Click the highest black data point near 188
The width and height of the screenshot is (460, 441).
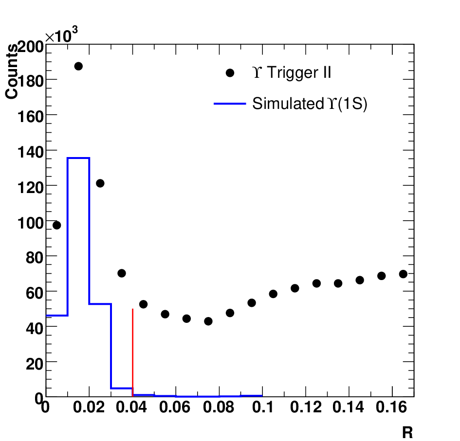coord(78,66)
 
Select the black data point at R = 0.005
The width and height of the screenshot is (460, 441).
coord(56,225)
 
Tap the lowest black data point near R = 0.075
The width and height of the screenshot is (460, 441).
coord(208,321)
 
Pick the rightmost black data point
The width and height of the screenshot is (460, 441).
coord(403,274)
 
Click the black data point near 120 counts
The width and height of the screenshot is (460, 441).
coord(100,183)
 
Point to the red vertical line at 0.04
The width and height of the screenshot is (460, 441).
coord(132,353)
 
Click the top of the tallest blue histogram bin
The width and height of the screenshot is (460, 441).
coord(78,158)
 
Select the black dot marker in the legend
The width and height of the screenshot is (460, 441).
coord(230,73)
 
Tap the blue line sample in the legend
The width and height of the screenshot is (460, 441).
coord(230,104)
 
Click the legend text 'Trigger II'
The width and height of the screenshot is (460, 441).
coord(299,72)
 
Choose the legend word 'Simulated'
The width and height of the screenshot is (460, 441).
coord(288,104)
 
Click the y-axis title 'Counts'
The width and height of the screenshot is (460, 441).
coord(12,72)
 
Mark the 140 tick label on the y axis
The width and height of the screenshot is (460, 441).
coord(31,152)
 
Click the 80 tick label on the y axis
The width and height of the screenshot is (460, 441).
coord(35,258)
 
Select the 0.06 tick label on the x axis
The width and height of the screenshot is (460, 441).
coord(175,407)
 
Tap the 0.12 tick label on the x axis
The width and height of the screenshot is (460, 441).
coord(306,407)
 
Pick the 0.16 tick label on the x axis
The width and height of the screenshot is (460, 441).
coord(391,407)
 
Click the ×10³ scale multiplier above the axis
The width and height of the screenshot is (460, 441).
coord(62,35)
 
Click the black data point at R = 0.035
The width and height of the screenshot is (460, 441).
coord(122,273)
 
